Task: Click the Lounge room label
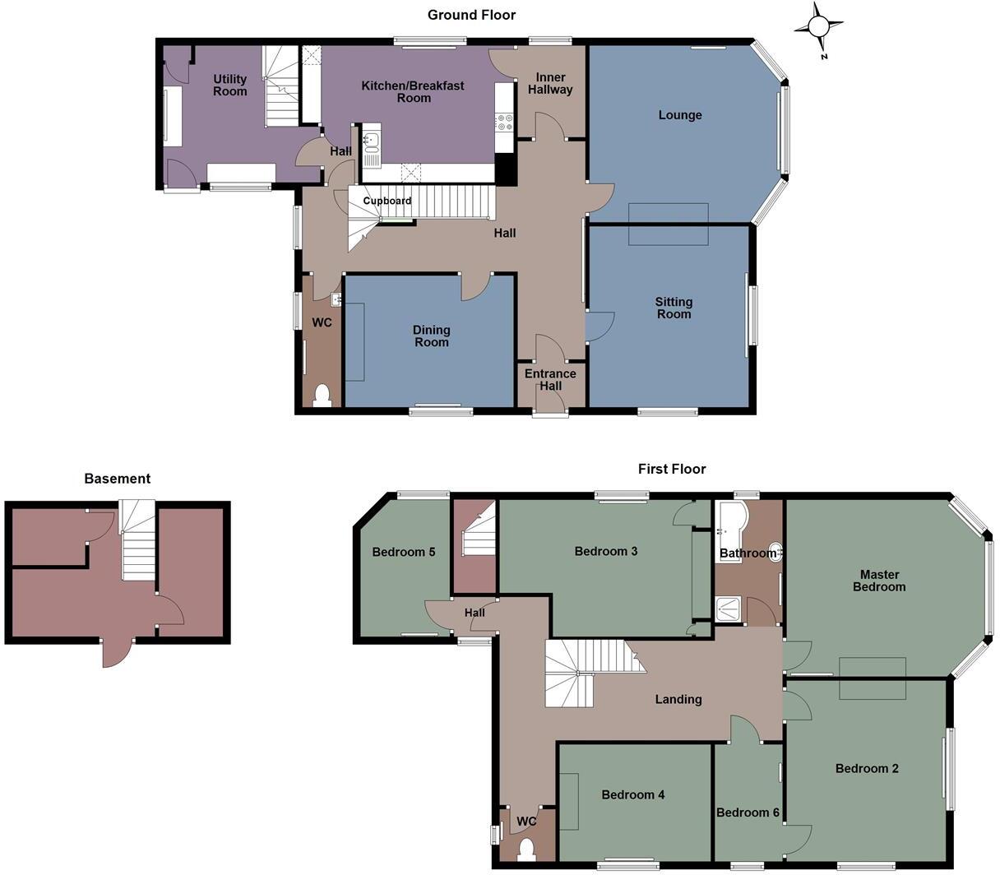click(x=680, y=115)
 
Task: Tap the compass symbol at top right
click(x=819, y=27)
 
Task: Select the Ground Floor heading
click(x=471, y=15)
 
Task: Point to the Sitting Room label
click(x=674, y=308)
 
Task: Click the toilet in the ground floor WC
click(x=322, y=396)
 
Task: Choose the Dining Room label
click(x=431, y=336)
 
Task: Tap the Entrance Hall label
click(x=550, y=380)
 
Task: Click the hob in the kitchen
click(x=504, y=123)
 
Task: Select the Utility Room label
click(x=230, y=86)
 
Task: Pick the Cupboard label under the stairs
click(x=387, y=201)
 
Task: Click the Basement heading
click(x=118, y=479)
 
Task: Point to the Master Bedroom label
click(x=879, y=581)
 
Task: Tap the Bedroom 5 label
click(x=404, y=552)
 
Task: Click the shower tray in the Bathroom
click(x=728, y=609)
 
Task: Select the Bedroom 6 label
click(x=748, y=812)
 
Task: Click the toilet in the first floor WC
click(x=526, y=850)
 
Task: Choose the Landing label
click(x=678, y=700)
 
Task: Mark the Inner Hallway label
click(x=550, y=83)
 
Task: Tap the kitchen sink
click(x=372, y=141)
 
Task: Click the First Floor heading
click(x=672, y=469)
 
